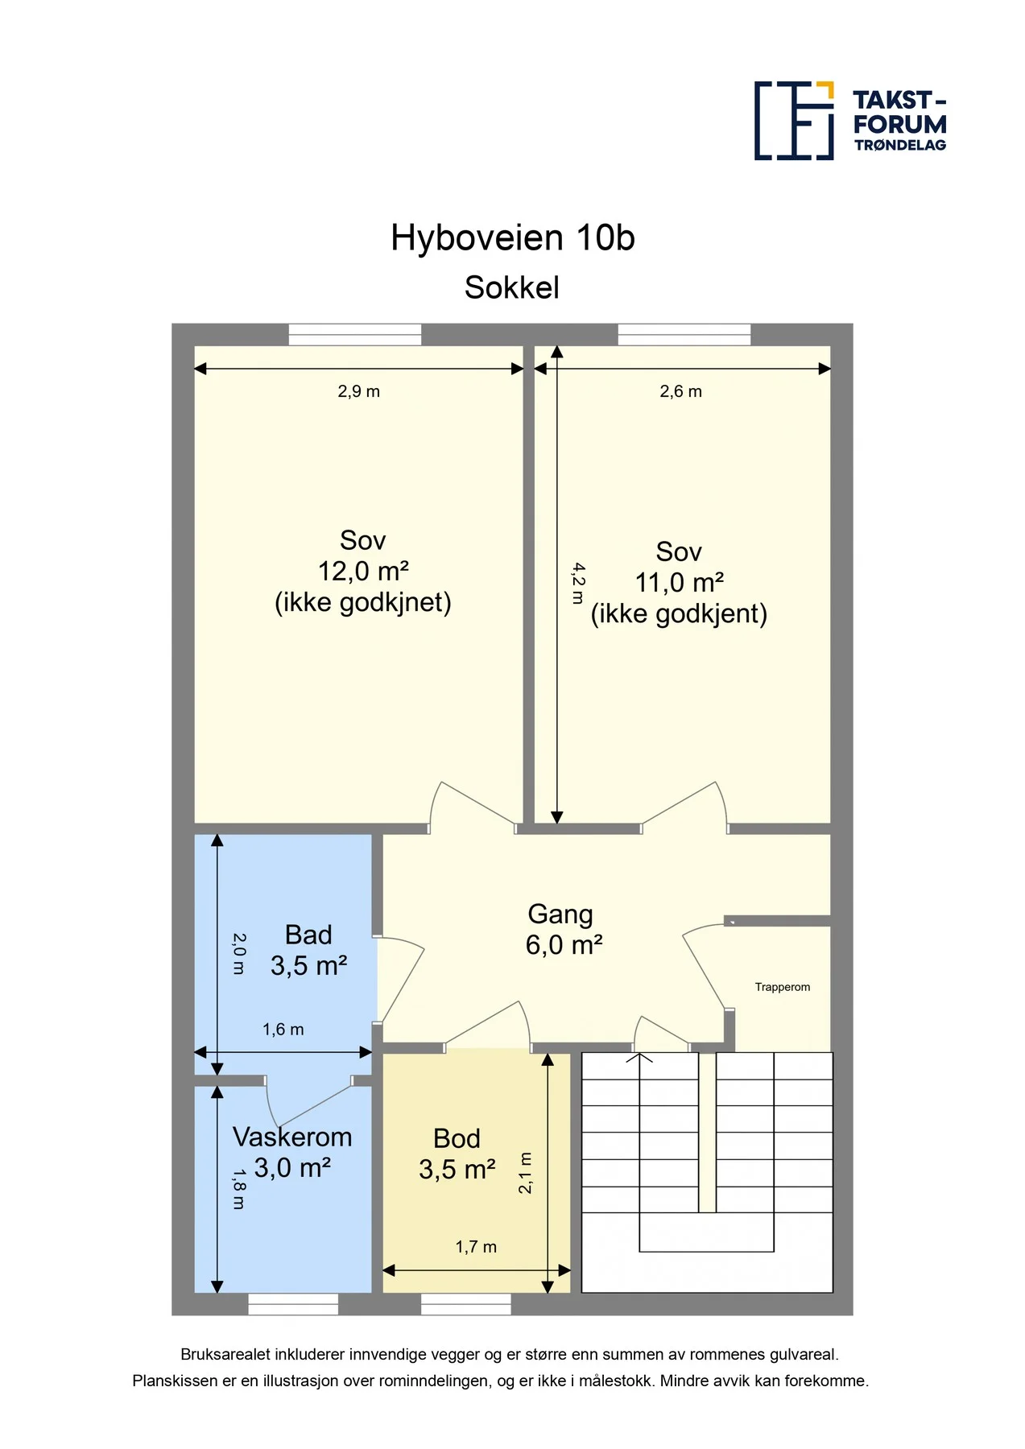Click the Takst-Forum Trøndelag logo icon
click(x=794, y=121)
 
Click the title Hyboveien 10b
click(x=513, y=238)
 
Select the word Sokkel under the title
click(x=512, y=288)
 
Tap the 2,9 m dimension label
click(x=358, y=392)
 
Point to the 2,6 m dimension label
click(x=680, y=392)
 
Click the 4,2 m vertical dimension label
click(x=578, y=583)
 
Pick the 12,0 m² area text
click(x=363, y=572)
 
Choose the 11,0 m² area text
click(x=680, y=583)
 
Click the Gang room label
click(x=560, y=914)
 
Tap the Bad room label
click(x=308, y=935)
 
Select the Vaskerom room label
click(x=292, y=1137)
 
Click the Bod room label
click(x=457, y=1138)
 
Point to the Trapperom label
click(x=783, y=987)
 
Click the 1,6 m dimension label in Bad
click(x=283, y=1030)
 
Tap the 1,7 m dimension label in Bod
click(x=476, y=1247)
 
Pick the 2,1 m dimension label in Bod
click(x=525, y=1173)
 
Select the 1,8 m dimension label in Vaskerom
click(x=238, y=1189)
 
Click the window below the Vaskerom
click(x=293, y=1304)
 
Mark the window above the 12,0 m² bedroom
click(x=355, y=334)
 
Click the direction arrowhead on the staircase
click(x=640, y=1057)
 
